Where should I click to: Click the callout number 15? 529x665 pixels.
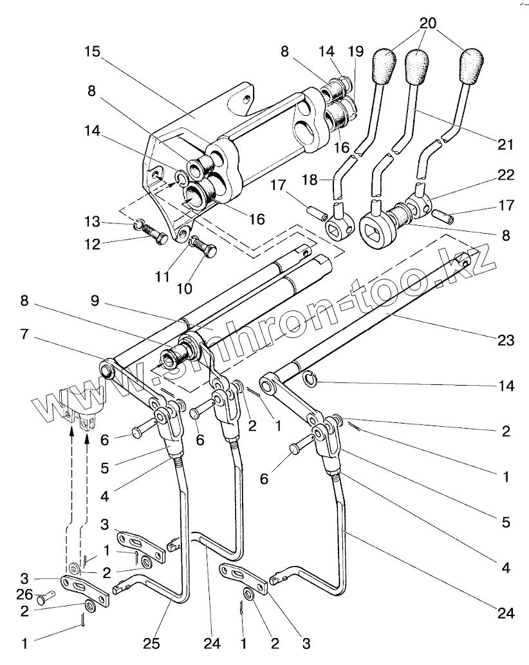[x=92, y=52]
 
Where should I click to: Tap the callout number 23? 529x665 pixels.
[x=506, y=340]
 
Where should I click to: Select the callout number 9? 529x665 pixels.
[x=95, y=301]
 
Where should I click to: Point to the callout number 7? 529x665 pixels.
[x=24, y=334]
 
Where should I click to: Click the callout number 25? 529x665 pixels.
[x=151, y=643]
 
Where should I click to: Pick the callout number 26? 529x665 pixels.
[x=24, y=594]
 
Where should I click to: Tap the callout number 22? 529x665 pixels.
[x=505, y=174]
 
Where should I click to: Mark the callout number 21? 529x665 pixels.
[x=505, y=144]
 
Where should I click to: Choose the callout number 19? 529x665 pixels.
[x=356, y=52]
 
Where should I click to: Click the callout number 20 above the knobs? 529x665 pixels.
[x=428, y=23]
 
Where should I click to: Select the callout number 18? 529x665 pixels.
[x=310, y=180]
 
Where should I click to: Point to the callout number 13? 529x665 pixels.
[x=92, y=221]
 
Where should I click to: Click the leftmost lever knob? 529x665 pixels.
[x=384, y=66]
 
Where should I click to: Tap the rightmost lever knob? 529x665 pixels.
[x=472, y=65]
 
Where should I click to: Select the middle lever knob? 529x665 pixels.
[x=416, y=66]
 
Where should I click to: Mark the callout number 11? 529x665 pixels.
[x=162, y=277]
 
